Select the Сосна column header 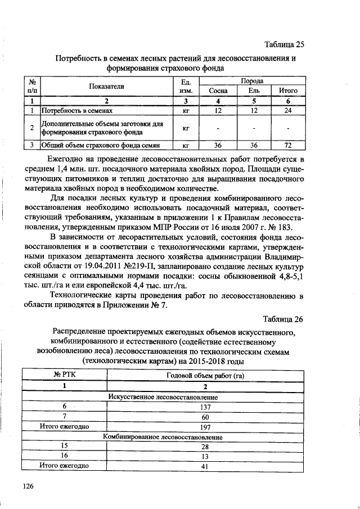pyautogui.click(x=218, y=91)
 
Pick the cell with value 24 pyautogui.click(x=287, y=111)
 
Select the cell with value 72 pyautogui.click(x=287, y=145)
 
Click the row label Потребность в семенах pyautogui.click(x=78, y=111)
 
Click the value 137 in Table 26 pyautogui.click(x=205, y=407)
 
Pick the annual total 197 pyautogui.click(x=205, y=426)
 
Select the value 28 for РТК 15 pyautogui.click(x=205, y=446)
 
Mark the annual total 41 pyautogui.click(x=205, y=466)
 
